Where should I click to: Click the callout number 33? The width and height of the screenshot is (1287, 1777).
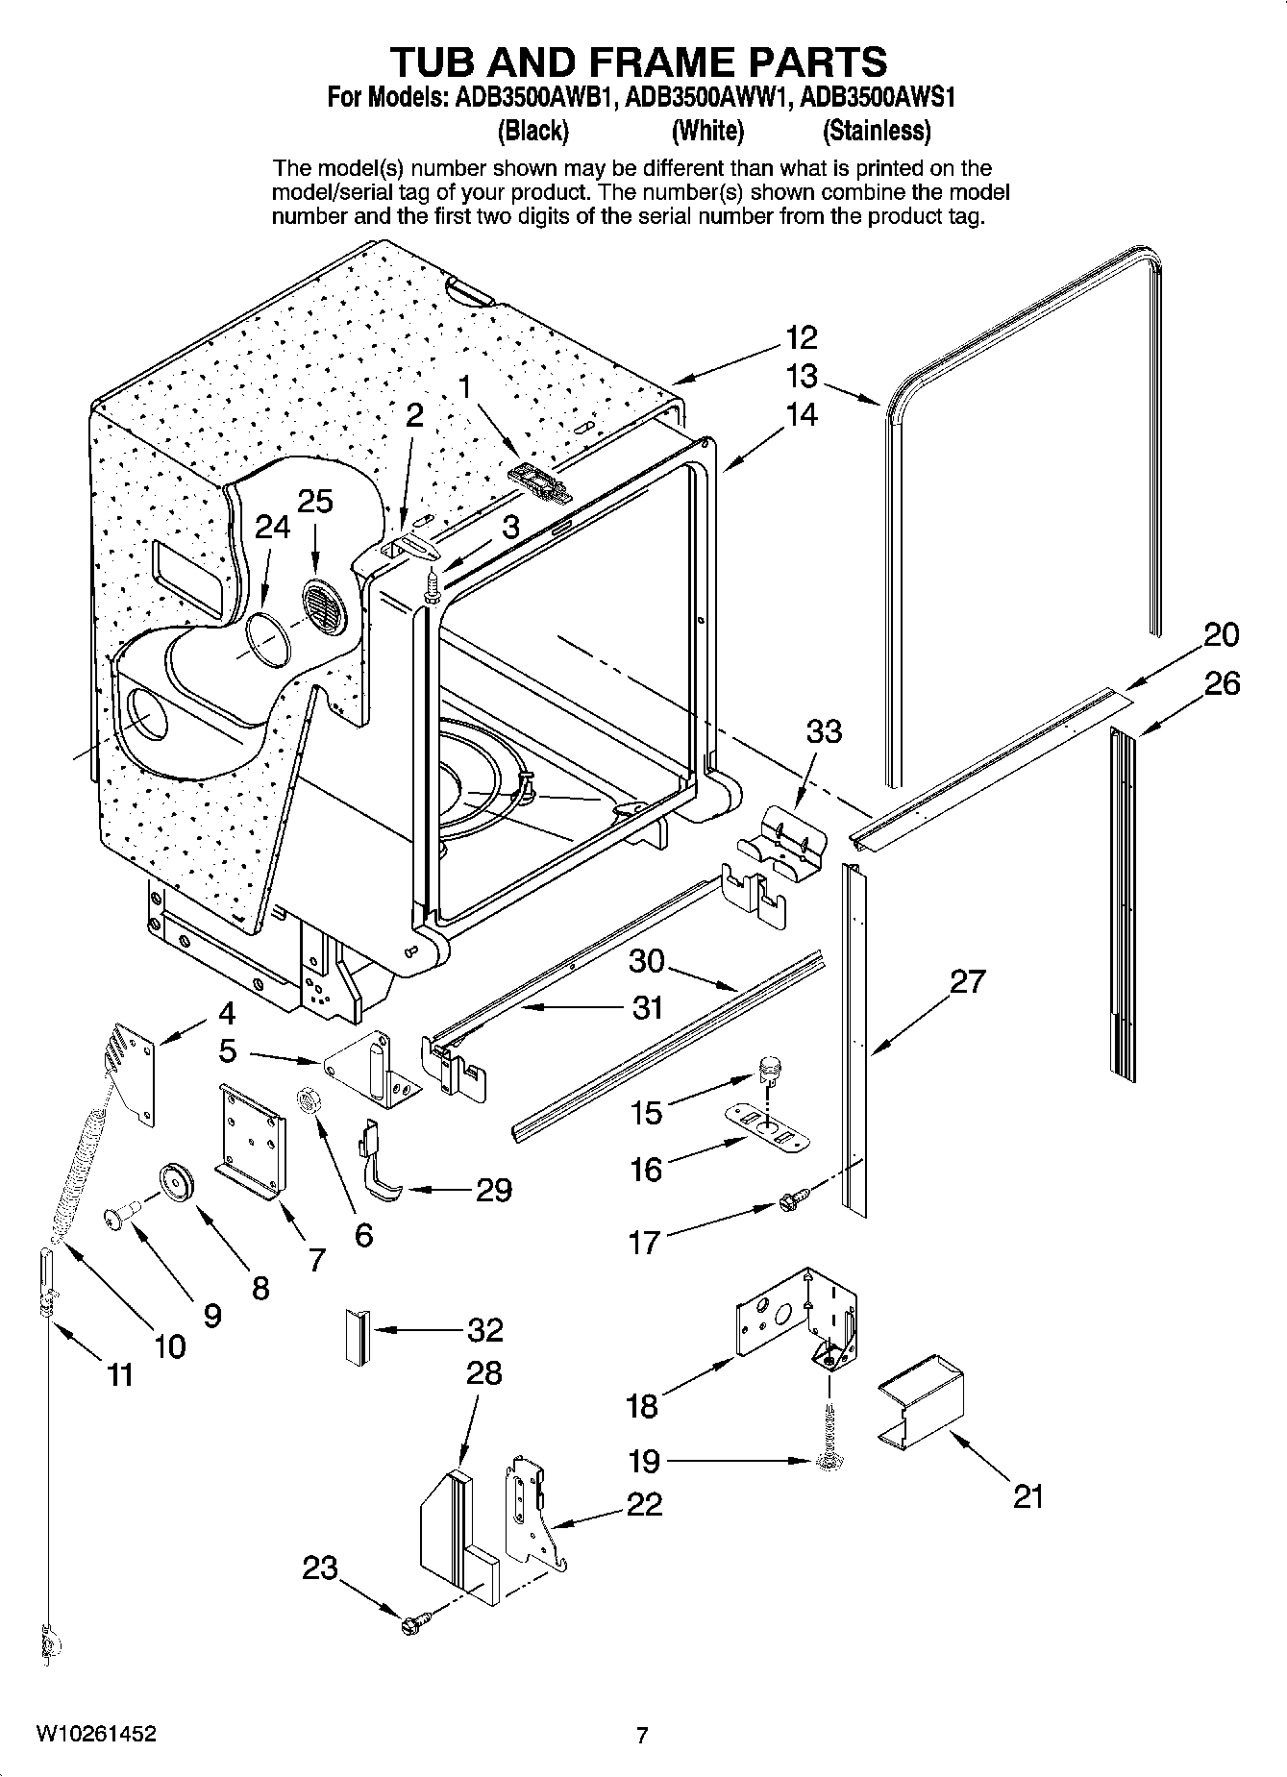coord(824,731)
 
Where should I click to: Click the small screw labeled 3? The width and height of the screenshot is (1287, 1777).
coord(433,583)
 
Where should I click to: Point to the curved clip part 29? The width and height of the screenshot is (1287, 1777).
coord(381,1166)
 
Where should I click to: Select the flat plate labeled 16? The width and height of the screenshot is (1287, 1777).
coord(766,1125)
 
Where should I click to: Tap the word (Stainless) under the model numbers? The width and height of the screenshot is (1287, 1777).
coord(877,131)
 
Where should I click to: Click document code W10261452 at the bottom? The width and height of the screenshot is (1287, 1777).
coord(96,1735)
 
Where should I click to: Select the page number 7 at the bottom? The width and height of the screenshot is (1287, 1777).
coord(642,1736)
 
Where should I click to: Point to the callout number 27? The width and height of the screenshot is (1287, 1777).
coord(968,981)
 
